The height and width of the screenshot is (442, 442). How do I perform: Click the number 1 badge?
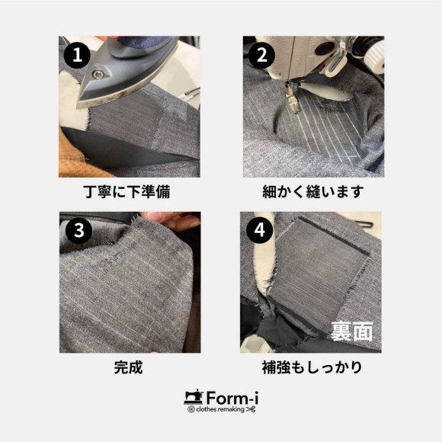(x=77, y=55)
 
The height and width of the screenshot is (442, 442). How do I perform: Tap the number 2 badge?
(x=262, y=55)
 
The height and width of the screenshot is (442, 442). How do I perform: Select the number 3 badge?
(x=78, y=231)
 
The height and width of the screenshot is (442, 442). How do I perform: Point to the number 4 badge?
(x=259, y=230)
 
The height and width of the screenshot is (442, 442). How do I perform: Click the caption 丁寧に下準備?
(x=127, y=192)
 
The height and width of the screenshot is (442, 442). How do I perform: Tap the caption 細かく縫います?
(x=313, y=192)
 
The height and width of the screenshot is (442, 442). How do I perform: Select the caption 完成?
(x=129, y=367)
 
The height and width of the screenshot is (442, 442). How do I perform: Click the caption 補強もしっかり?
(x=312, y=367)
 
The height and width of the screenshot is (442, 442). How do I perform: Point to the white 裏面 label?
(x=351, y=331)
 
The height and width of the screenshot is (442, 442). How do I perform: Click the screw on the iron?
(x=98, y=75)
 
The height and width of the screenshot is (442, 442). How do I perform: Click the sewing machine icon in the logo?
(x=194, y=397)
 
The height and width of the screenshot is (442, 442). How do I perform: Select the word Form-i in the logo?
(x=232, y=399)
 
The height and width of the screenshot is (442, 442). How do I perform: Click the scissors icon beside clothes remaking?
(x=251, y=409)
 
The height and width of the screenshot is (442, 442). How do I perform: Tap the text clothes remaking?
(x=220, y=409)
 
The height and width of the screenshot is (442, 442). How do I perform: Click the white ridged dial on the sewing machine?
(x=375, y=58)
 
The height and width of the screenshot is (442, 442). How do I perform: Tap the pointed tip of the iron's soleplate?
(x=78, y=107)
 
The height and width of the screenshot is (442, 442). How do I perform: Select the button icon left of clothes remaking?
(x=191, y=409)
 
